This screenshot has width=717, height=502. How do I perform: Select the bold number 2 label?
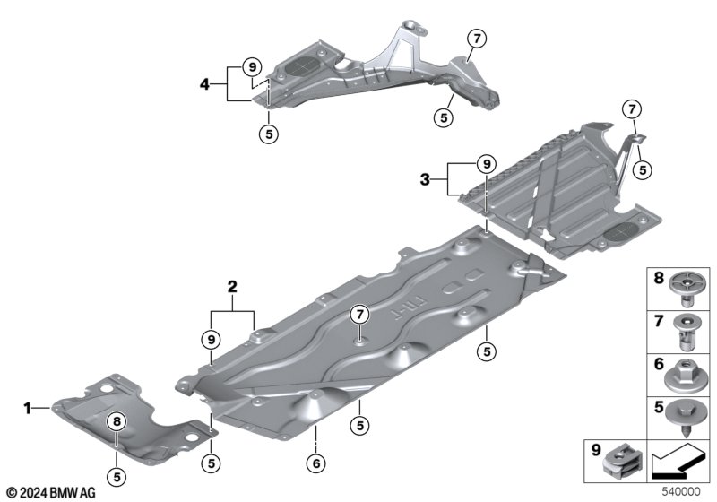pos(232,288)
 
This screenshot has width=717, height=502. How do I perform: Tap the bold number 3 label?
pos(425,179)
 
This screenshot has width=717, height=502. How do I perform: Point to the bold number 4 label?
pos(204,84)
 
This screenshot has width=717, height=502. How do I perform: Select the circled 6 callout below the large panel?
pos(315,463)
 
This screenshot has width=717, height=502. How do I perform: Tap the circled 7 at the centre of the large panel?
pos(359,314)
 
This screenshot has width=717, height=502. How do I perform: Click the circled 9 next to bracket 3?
pos(485,164)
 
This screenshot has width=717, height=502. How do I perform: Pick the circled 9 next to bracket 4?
pos(253,66)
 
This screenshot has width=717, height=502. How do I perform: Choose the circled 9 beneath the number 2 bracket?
pos(211,339)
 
